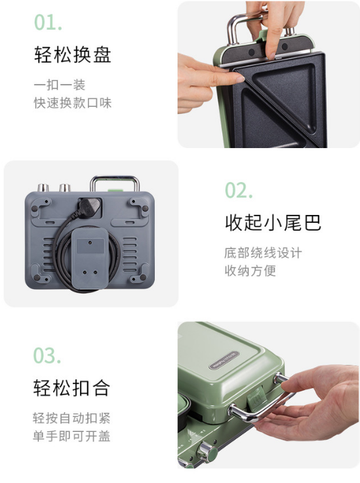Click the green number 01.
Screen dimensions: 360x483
click(48, 22)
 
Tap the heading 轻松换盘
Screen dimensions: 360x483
click(72, 55)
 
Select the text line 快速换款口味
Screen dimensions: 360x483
click(72, 103)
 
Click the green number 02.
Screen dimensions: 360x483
click(239, 190)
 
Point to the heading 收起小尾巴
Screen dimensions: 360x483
click(273, 222)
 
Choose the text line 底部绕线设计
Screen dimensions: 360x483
click(263, 253)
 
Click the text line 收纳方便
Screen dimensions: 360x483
click(250, 271)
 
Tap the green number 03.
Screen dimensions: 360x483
click(47, 355)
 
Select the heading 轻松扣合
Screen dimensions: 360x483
click(71, 387)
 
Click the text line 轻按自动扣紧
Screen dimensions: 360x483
click(71, 418)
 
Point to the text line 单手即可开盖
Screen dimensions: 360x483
click(71, 436)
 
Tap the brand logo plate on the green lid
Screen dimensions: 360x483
click(224, 360)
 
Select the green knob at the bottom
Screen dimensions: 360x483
click(207, 452)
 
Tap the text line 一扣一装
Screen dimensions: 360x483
click(60, 85)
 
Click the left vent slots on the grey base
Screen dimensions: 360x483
click(48, 254)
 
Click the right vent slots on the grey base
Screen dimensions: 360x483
click(129, 254)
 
